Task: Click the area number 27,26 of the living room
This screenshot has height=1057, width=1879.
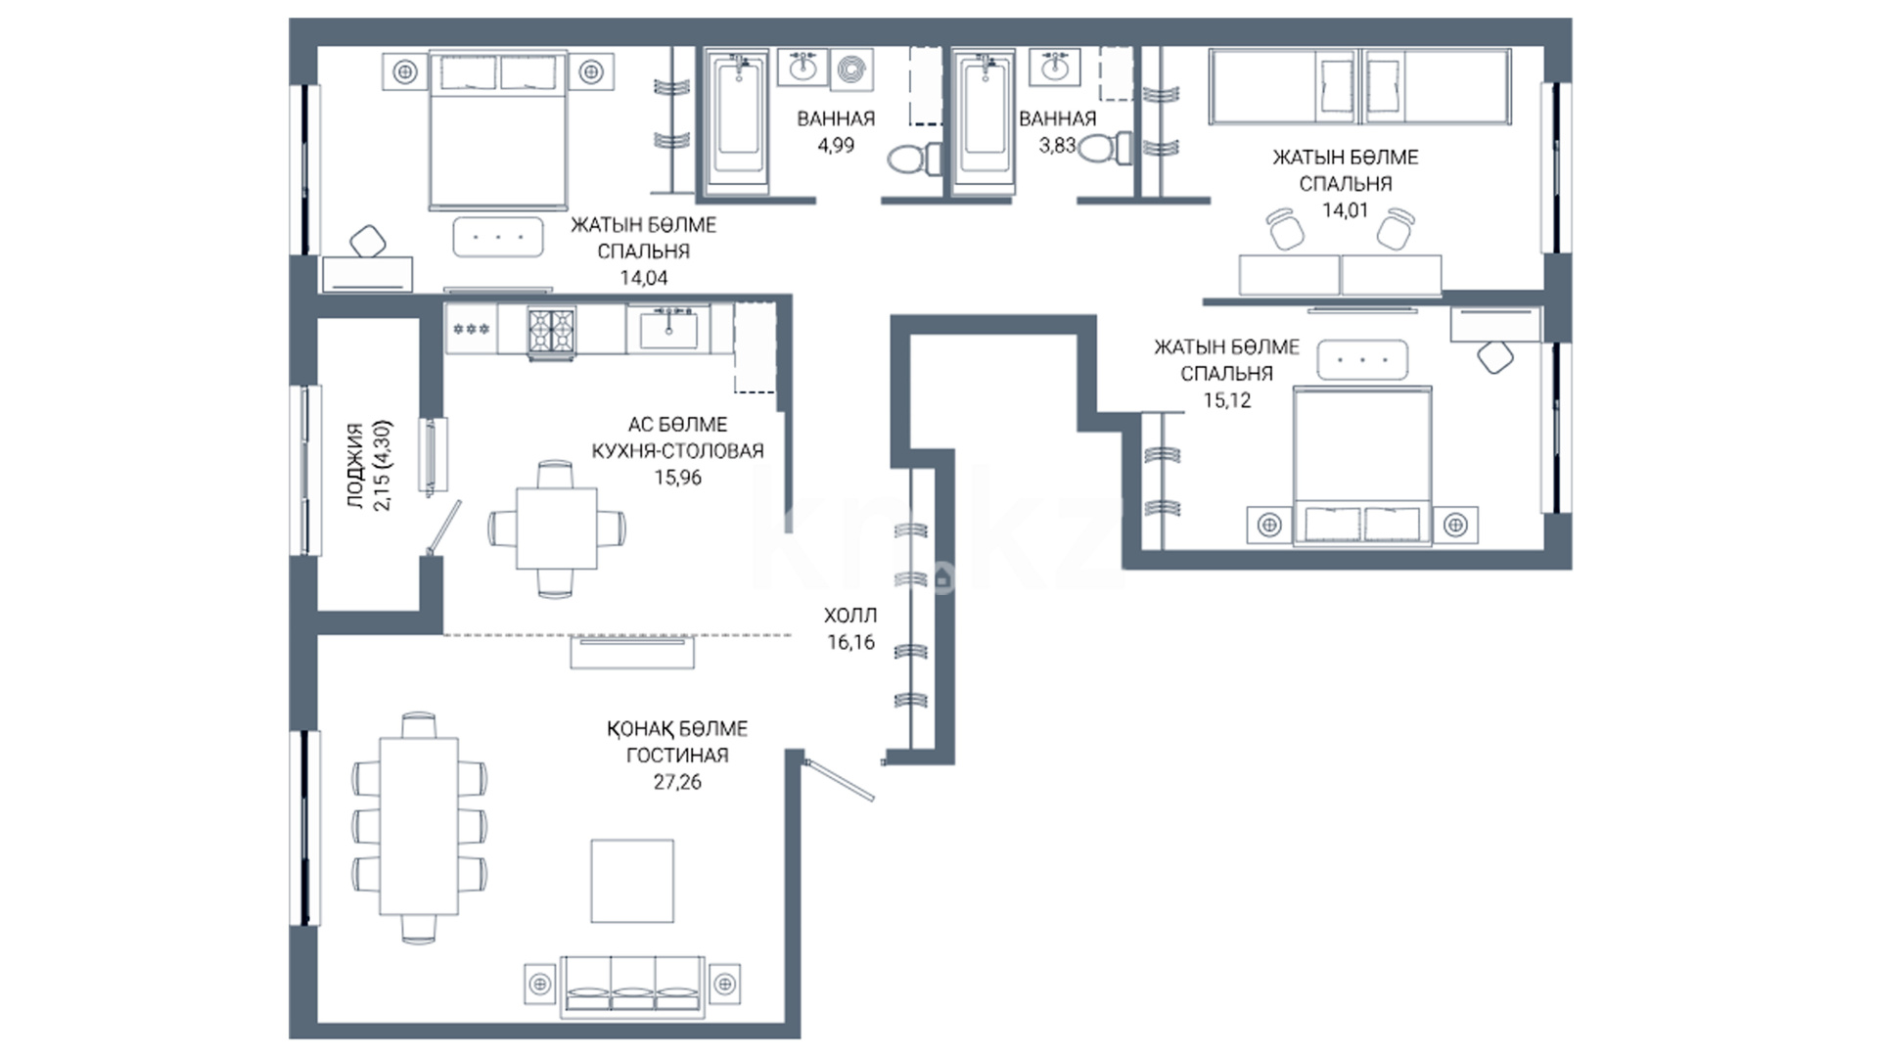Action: click(x=677, y=782)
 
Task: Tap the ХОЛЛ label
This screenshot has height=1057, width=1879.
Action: click(x=850, y=616)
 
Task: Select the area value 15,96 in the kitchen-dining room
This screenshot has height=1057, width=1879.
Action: click(x=678, y=478)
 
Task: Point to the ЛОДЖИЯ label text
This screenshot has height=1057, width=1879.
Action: click(x=355, y=466)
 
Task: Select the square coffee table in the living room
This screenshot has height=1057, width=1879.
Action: click(x=632, y=880)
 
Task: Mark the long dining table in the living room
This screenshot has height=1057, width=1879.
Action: click(x=419, y=827)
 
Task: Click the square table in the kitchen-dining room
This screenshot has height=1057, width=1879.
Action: click(x=557, y=528)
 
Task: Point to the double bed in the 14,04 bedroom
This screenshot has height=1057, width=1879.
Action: click(x=499, y=132)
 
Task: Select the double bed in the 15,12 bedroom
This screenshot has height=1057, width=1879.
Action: click(x=1363, y=465)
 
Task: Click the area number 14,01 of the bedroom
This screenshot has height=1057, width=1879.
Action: click(x=1346, y=209)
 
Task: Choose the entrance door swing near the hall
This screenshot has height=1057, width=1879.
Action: click(x=838, y=780)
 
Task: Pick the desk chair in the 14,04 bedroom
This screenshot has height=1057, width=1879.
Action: click(x=368, y=241)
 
